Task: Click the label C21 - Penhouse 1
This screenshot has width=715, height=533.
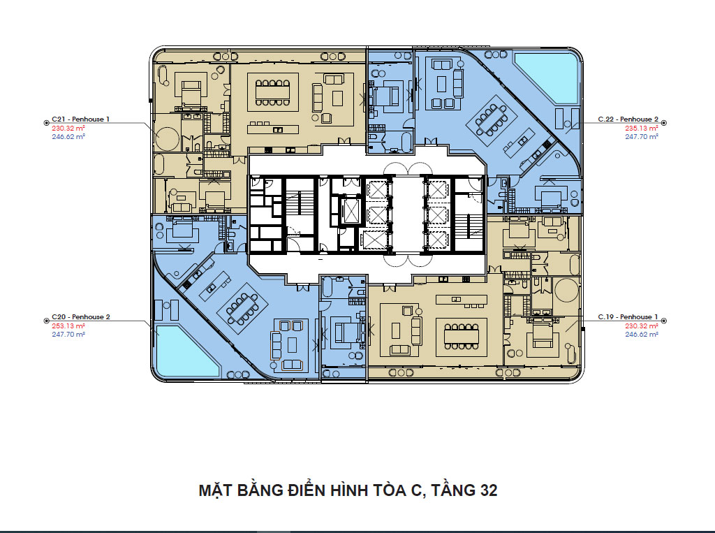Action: coord(81,119)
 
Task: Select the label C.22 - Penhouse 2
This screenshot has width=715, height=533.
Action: coord(628,119)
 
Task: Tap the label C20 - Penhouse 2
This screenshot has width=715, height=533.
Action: coord(81,316)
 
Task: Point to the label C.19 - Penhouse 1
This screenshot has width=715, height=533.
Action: coord(628,316)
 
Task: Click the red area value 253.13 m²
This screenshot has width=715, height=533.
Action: coord(68,326)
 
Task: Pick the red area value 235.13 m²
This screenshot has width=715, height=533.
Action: coord(642,129)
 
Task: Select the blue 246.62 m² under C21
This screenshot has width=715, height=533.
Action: coord(68,136)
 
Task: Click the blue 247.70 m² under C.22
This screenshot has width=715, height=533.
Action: coord(642,136)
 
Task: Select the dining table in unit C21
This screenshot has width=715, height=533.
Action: coord(273,93)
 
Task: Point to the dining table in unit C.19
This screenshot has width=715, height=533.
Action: coord(462,337)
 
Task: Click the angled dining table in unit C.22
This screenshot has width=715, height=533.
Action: coord(491,120)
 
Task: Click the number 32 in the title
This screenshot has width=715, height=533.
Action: coord(488,490)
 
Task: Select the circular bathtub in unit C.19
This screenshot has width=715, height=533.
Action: coord(566,290)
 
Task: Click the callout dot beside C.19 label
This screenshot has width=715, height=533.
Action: coord(664,321)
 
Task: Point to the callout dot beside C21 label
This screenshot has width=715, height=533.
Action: coord(46,123)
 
